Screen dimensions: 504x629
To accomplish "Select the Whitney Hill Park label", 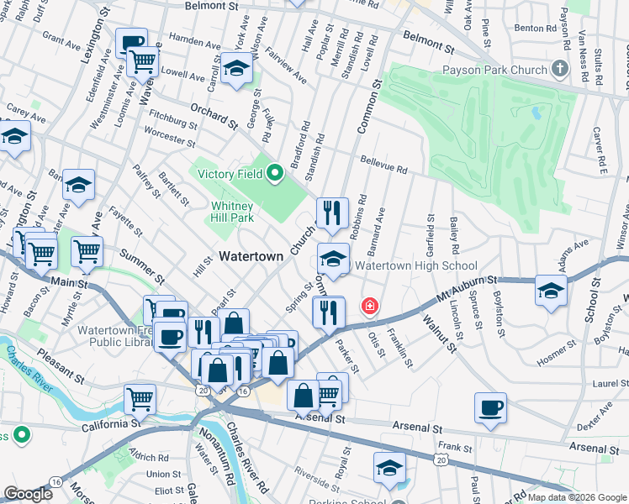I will [x=231, y=212].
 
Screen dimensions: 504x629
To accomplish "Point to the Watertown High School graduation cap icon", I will [x=333, y=259].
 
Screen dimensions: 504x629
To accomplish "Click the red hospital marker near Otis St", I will [x=368, y=307].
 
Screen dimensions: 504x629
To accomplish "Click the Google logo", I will [x=28, y=494].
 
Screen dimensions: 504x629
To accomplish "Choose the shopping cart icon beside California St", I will [x=140, y=400].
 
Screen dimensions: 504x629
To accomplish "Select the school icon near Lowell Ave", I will [x=237, y=68].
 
